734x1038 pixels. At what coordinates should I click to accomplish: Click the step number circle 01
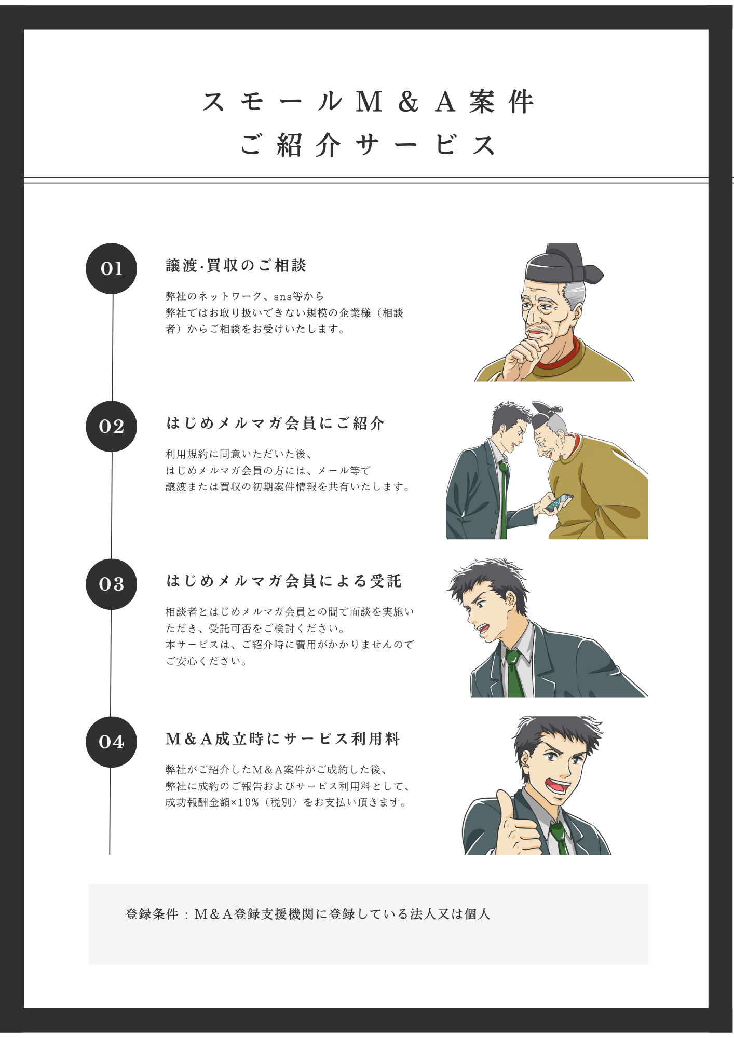point(111,268)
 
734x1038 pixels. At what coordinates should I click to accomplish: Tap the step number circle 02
point(111,426)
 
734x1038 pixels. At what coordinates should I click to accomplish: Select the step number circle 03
point(111,584)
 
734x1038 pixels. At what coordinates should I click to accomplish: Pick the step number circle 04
point(111,742)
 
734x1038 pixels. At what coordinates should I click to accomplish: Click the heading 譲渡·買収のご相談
point(236,266)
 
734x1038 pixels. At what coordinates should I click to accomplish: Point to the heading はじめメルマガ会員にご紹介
point(275,424)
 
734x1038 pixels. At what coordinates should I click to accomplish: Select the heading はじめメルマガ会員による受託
point(284,581)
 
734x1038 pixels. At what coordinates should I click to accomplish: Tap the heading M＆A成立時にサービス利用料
point(283,739)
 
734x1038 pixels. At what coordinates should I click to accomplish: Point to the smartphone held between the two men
point(560,501)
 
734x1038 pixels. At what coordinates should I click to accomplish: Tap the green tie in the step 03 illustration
point(514,675)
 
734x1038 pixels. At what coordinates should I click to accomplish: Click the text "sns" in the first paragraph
point(282,297)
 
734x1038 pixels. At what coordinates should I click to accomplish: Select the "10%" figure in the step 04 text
point(248,802)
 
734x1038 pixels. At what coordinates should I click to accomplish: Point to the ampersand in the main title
point(409,102)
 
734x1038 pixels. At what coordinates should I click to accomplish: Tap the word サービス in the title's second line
point(426,145)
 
